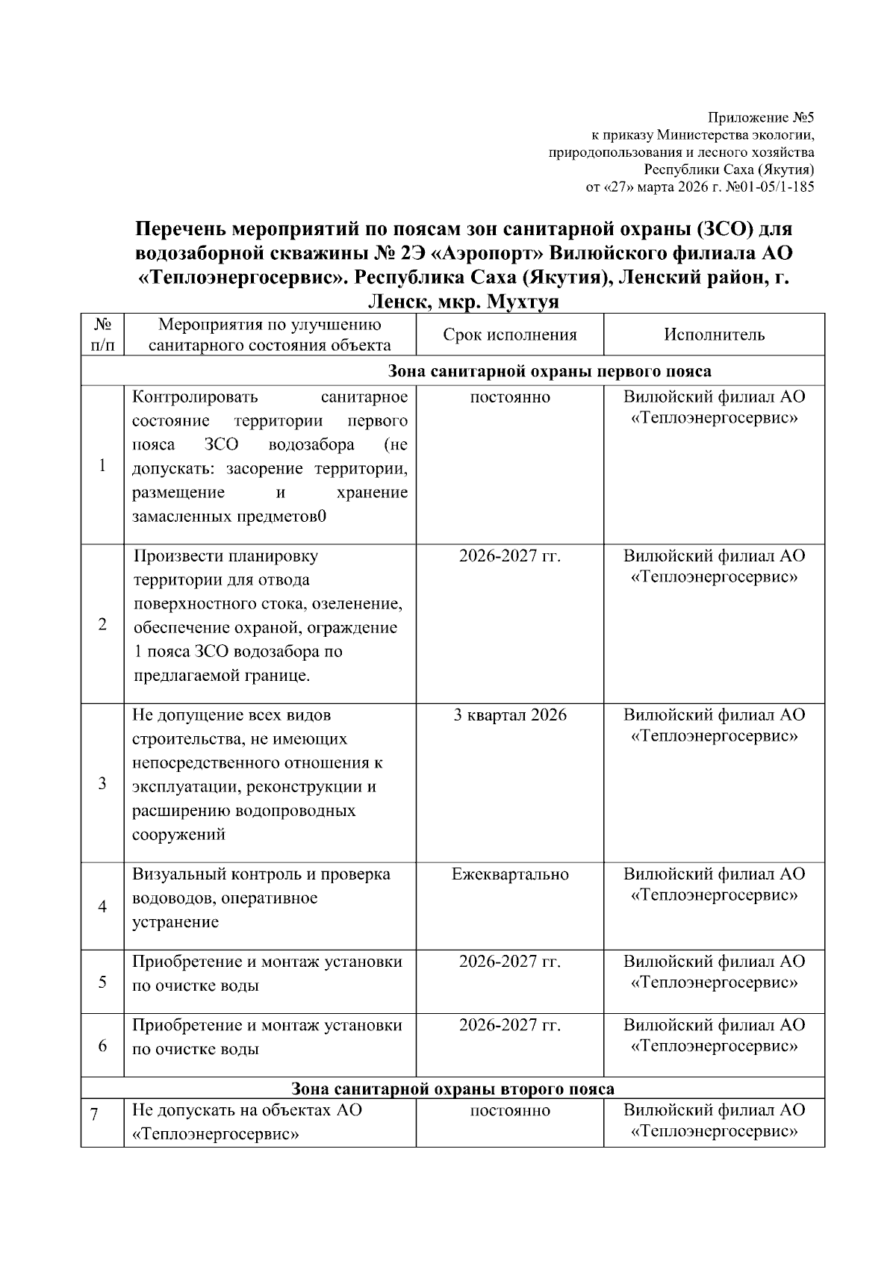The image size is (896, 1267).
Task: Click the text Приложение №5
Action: [x=761, y=118]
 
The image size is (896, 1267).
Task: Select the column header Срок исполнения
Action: [x=510, y=334]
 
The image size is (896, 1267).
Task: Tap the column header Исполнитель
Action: [x=715, y=334]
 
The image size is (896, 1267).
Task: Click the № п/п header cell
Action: [x=102, y=334]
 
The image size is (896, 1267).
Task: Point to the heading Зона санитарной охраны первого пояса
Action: [x=550, y=371]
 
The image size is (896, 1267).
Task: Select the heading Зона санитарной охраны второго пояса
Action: [x=452, y=1089]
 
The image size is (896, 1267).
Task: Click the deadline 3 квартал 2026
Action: [x=510, y=715]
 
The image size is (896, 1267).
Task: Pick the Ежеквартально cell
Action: [x=510, y=874]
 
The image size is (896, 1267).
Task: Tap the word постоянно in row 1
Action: [x=510, y=397]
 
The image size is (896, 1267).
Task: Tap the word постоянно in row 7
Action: [x=510, y=1110]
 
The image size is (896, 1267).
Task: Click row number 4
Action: [x=102, y=906]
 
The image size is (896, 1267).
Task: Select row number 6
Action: [x=102, y=1045]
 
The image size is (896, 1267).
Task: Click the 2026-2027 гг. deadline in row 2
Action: [x=510, y=556]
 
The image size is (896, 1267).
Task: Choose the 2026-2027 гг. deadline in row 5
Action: [x=510, y=962]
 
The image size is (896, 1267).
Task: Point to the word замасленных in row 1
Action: [x=177, y=517]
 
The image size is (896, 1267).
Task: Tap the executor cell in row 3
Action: [x=715, y=726]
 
